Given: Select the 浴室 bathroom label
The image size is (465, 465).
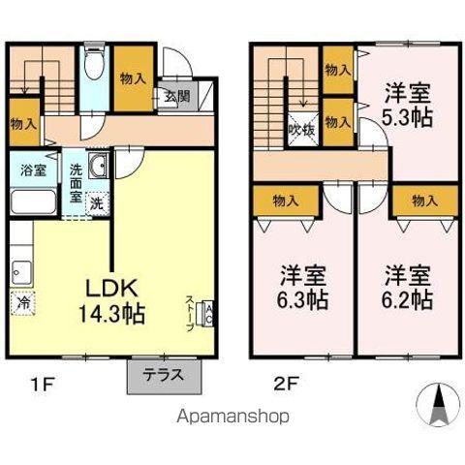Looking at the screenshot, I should [x=34, y=170].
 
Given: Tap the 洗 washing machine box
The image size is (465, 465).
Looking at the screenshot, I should [x=97, y=203].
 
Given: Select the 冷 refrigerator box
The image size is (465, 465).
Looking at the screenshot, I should [x=22, y=301].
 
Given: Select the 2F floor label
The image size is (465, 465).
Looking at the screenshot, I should [x=283, y=383].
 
